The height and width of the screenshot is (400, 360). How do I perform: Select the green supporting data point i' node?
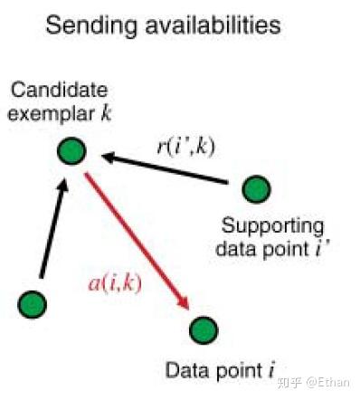(x=257, y=189)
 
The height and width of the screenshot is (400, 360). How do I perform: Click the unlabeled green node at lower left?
(x=33, y=303)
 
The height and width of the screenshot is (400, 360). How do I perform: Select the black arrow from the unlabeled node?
(x=51, y=231)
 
